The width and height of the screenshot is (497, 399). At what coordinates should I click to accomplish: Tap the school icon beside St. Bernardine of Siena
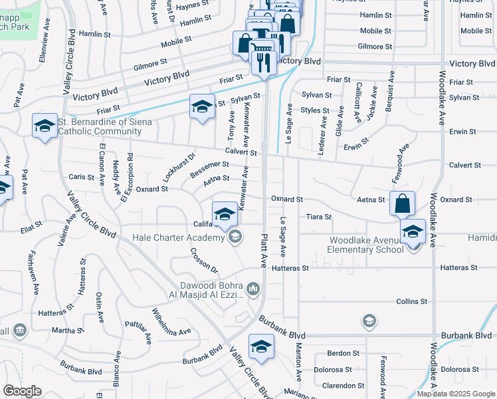pos(45,126)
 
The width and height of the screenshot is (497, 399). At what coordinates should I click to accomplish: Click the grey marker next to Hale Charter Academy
pos(235,237)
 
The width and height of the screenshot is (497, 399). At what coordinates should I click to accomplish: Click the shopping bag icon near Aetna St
pos(402,203)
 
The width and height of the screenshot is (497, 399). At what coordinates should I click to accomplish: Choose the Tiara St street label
pos(318,217)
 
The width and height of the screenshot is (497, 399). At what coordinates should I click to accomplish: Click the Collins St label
pos(411,301)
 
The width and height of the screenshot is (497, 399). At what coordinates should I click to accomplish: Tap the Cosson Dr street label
pos(203,259)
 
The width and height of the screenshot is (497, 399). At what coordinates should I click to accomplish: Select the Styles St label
pos(314,110)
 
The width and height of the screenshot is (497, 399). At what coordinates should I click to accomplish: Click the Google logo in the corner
pos(22,391)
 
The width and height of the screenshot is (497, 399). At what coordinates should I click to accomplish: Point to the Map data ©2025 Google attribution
pos(455,394)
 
